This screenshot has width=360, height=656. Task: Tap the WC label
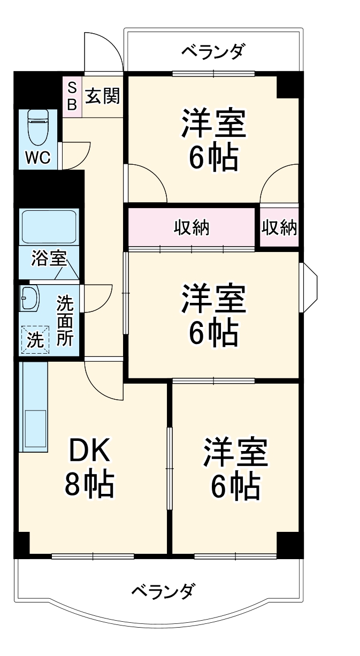point(37,158)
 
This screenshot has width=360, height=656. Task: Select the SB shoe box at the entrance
point(72,95)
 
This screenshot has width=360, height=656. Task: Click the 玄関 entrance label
point(102,96)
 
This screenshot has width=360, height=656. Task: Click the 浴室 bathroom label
point(49,258)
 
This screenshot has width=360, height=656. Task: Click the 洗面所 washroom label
point(65,321)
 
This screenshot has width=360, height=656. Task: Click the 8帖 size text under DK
point(89,484)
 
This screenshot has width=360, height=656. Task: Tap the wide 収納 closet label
point(192,228)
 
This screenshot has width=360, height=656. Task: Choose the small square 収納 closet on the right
point(279,228)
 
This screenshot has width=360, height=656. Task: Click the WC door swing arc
point(75,155)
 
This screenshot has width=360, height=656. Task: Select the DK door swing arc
point(103,380)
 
